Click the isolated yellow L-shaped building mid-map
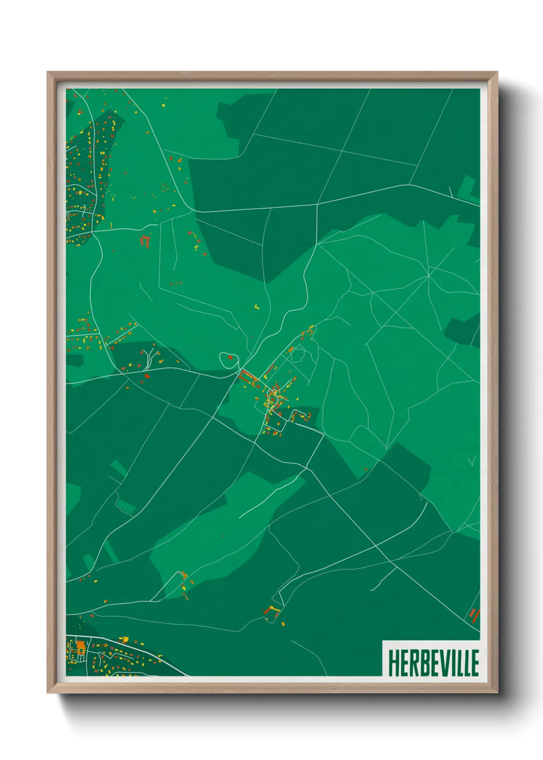(x=257, y=307)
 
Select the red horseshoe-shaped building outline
(x=145, y=240)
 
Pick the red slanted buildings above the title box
(x=474, y=614)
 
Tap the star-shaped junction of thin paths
(x=428, y=276)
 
